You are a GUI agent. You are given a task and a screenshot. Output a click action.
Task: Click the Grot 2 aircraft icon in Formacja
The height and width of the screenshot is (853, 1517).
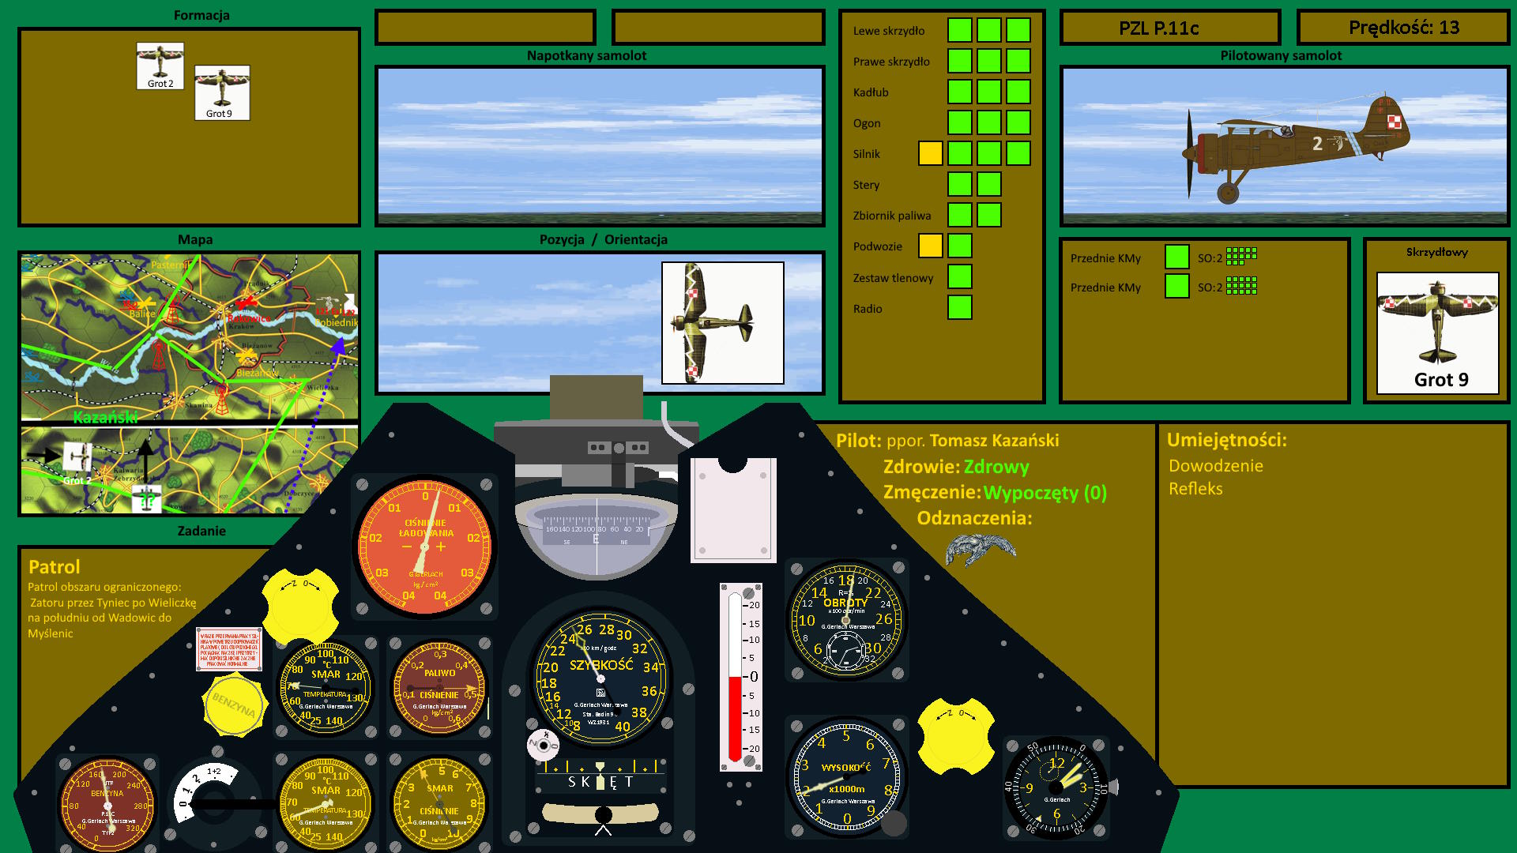(160, 65)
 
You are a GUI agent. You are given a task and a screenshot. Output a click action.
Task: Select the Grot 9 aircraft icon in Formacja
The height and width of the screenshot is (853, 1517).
(222, 92)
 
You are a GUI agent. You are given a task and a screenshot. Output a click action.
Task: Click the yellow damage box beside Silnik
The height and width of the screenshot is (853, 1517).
(930, 153)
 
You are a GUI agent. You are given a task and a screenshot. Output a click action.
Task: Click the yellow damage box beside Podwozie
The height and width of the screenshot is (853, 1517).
(930, 246)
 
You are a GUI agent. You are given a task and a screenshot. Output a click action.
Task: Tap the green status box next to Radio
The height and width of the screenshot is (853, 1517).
(959, 307)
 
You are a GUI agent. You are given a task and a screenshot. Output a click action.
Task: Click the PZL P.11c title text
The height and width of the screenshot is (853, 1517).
(1158, 28)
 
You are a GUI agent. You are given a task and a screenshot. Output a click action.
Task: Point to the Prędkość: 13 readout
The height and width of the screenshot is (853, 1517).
(1403, 28)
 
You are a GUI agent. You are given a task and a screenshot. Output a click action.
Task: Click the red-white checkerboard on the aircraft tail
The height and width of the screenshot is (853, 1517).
(1395, 122)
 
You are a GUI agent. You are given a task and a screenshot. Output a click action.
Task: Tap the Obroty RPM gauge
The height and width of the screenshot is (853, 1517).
(846, 619)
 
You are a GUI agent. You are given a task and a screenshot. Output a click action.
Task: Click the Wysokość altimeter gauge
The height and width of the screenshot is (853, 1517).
(846, 778)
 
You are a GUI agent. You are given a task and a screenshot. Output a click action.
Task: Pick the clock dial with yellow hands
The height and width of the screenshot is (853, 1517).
(1056, 787)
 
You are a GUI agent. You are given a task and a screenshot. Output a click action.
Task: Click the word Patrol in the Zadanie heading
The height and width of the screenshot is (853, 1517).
(55, 566)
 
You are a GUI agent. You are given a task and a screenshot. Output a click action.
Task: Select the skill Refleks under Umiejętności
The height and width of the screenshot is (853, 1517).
(1195, 489)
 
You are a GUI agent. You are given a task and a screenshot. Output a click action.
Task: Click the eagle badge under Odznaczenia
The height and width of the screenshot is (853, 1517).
(980, 548)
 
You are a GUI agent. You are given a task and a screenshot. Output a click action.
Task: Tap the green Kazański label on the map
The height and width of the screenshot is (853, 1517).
(105, 417)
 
